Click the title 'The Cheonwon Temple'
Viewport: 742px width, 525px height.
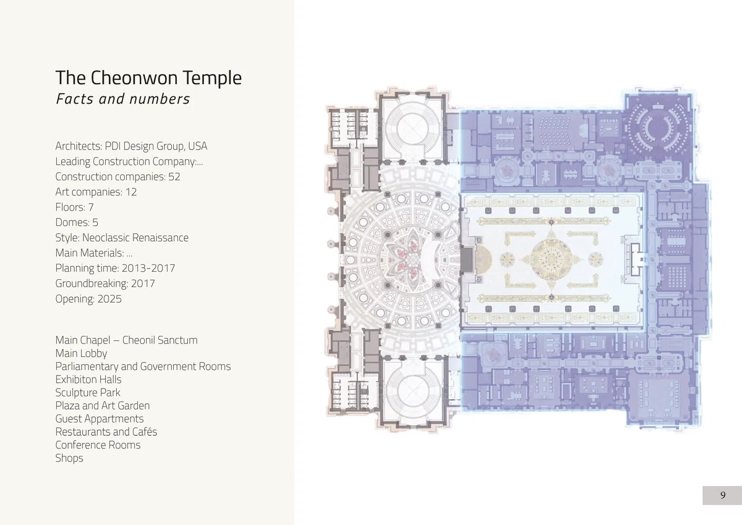148,78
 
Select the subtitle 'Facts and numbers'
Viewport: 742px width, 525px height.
122,99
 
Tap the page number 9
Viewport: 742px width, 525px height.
723,495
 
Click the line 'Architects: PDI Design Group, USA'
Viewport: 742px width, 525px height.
131,146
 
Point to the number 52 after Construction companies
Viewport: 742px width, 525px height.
174,177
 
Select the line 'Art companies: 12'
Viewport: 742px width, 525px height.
96,192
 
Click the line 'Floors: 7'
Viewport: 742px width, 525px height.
75,207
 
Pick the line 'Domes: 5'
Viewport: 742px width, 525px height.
77,222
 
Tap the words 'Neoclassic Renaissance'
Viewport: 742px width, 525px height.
135,238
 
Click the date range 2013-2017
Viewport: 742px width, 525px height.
148,268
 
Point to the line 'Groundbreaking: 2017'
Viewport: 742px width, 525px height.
105,283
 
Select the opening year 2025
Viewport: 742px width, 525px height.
109,299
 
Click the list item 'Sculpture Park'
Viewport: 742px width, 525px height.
88,392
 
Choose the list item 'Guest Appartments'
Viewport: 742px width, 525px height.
100,419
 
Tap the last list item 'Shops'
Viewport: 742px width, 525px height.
69,458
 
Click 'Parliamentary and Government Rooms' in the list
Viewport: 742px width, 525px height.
143,366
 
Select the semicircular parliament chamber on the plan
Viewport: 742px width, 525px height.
659,127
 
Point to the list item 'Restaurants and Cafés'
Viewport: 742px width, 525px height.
106,432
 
